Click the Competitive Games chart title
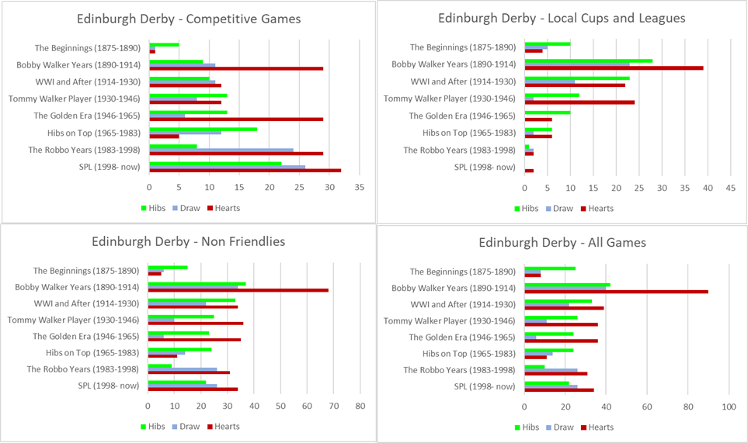tap(189, 19)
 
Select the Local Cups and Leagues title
tap(562, 18)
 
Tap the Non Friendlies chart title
tap(188, 242)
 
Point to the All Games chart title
tap(562, 243)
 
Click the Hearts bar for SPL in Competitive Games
tap(245, 170)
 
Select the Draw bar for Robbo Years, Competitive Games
tap(221, 150)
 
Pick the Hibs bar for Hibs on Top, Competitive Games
tap(203, 129)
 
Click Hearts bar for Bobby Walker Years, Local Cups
tap(614, 68)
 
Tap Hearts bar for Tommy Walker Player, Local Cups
tap(579, 102)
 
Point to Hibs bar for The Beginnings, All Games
tap(550, 268)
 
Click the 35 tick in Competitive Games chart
tap(359, 188)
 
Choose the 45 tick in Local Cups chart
tap(730, 188)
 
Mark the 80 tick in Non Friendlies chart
tap(360, 406)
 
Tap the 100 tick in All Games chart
tap(729, 407)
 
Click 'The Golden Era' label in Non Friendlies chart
tap(85, 336)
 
